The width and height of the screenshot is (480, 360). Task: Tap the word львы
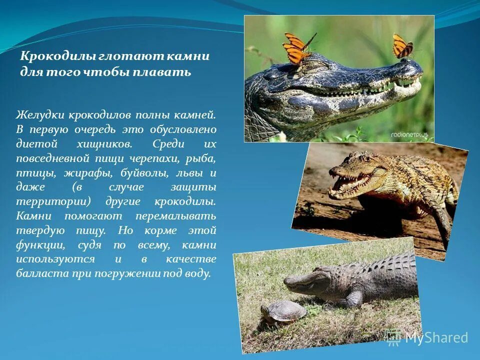192,173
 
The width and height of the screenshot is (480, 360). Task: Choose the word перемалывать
175,216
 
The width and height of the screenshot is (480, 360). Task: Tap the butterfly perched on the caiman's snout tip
402,46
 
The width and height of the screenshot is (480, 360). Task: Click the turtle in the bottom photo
278,311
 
